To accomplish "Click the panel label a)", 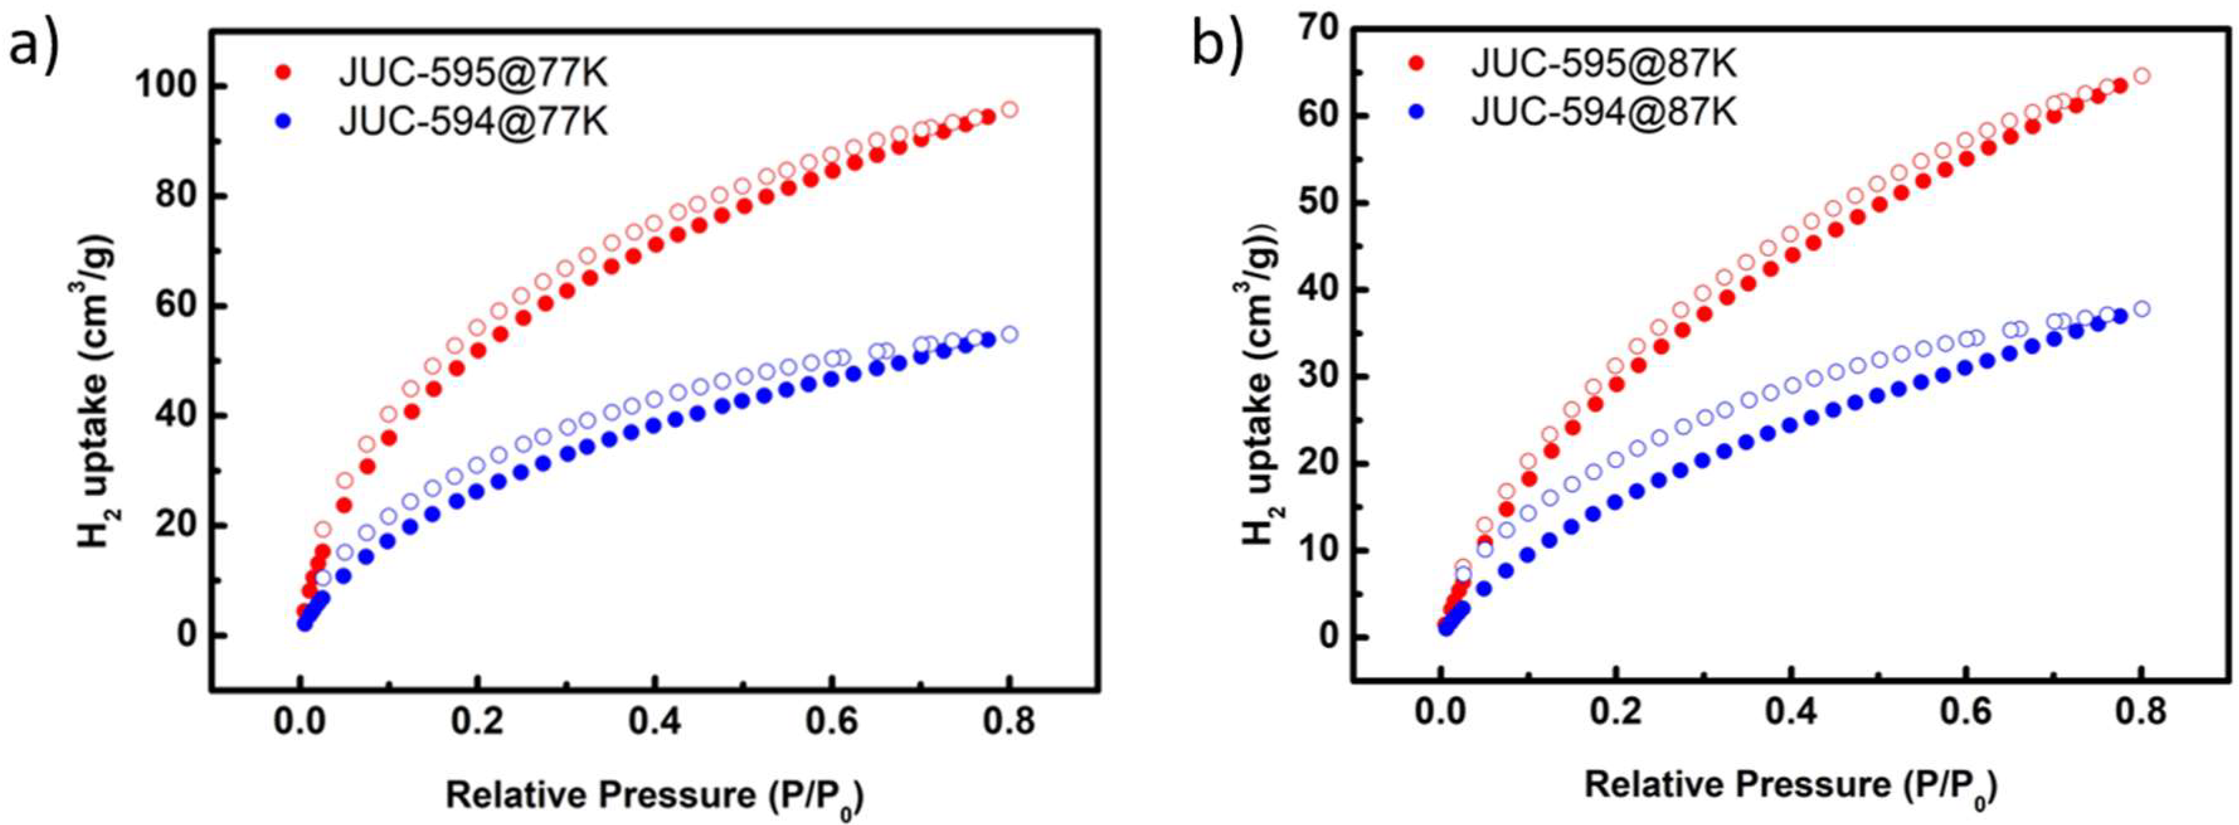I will point(32,48).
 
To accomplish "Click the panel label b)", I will point(1216,43).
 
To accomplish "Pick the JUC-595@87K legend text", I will point(1604,64).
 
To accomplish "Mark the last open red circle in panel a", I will point(1009,109).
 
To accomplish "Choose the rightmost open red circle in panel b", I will point(2141,76).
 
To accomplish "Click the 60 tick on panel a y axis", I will point(172,306).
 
